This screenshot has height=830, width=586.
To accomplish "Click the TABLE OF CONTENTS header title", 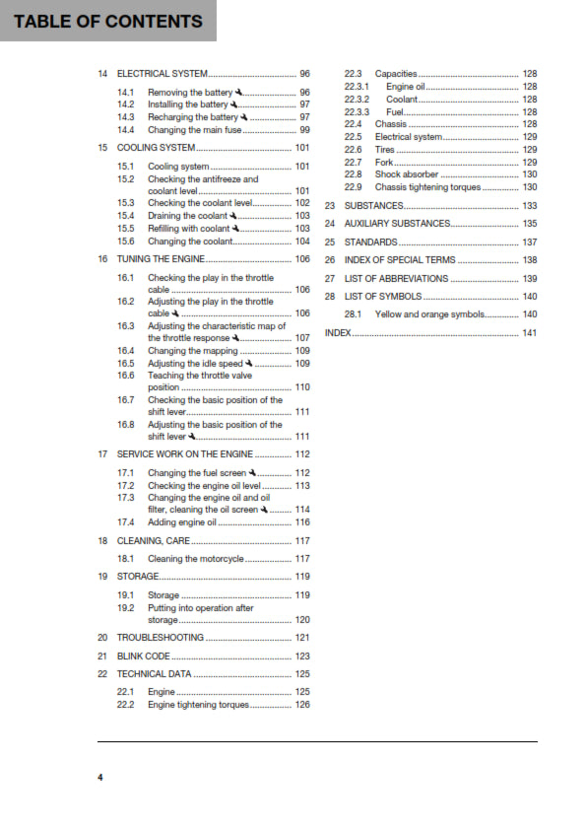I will tap(108, 21).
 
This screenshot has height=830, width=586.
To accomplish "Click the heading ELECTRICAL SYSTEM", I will tap(163, 74).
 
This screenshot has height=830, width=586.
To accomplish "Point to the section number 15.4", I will tap(125, 215).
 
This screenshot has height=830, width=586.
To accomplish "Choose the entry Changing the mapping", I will tap(193, 350).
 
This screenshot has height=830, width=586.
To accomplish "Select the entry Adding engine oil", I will tap(181, 522).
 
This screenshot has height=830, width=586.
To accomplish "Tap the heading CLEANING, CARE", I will tap(154, 541).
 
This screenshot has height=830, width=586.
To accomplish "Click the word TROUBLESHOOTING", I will tap(161, 638).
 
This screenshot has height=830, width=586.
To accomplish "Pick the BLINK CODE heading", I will tap(144, 656).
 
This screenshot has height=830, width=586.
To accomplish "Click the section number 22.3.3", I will tap(357, 111).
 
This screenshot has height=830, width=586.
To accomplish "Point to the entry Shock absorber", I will tap(407, 173).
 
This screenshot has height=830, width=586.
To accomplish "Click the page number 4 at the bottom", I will tap(99, 778).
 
